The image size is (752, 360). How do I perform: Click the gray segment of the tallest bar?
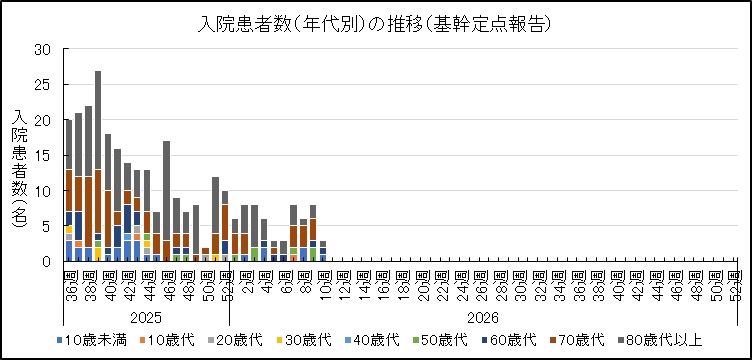click(98, 120)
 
